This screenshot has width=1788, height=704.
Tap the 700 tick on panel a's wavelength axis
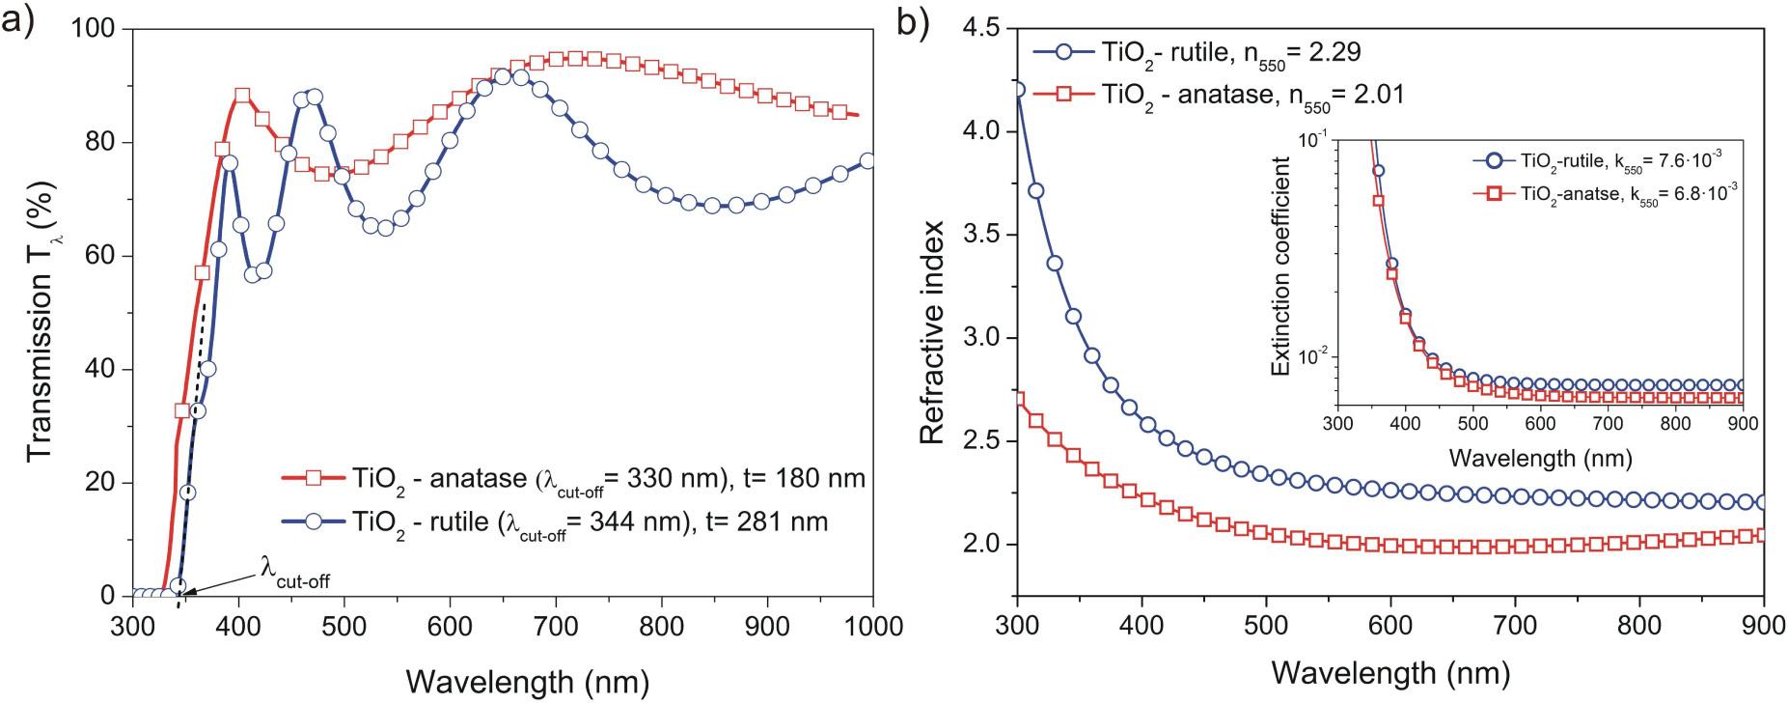tap(661, 625)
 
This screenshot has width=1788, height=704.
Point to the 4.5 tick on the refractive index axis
tap(982, 30)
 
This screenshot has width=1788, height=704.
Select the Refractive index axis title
tap(931, 314)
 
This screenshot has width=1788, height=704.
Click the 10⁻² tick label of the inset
tap(1312, 354)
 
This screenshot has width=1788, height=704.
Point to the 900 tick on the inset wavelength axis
tap(1743, 423)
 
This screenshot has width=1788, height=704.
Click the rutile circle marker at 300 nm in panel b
tap(1017, 90)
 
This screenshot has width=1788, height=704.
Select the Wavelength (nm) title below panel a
tap(527, 681)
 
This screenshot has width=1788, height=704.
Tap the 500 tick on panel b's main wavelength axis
tap(1266, 625)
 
